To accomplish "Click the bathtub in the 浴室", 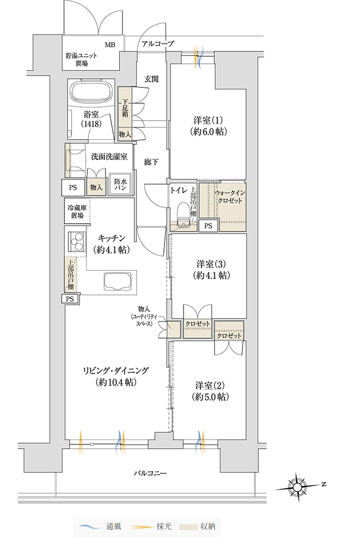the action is (x=93, y=91).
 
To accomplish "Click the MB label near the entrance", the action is (x=110, y=45).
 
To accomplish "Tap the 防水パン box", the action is (x=120, y=185).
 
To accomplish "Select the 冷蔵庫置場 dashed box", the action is (x=77, y=211).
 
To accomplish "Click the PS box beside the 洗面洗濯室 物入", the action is (x=73, y=188).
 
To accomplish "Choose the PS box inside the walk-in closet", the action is (x=208, y=225).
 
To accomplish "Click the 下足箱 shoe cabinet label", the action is (x=125, y=108).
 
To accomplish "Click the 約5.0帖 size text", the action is (x=210, y=396).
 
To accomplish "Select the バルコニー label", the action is (x=150, y=473).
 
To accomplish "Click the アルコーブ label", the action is (x=157, y=44).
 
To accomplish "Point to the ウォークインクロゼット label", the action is (x=229, y=197).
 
